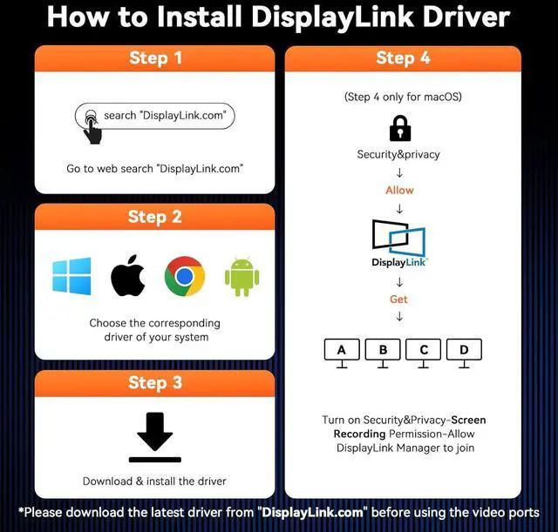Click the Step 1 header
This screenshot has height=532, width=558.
tap(155, 58)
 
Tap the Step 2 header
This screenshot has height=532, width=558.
tap(155, 217)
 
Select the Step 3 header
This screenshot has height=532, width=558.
tap(155, 383)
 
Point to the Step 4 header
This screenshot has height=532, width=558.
tap(403, 57)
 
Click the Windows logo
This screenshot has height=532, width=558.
tap(71, 276)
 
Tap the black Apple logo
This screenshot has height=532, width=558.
tap(128, 275)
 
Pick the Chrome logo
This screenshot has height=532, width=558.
tap(185, 276)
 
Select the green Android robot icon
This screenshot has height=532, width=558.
tap(242, 276)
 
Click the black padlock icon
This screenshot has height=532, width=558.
tap(400, 128)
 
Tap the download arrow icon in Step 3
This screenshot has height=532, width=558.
tap(155, 437)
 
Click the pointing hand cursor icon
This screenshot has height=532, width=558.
tap(92, 126)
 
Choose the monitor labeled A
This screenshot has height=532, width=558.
tap(342, 354)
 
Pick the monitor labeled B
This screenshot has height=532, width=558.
tap(383, 354)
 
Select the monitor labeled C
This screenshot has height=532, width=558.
tap(423, 354)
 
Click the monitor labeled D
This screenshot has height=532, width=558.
tap(464, 354)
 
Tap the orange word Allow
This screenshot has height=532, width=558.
tap(399, 190)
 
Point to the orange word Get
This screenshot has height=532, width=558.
tap(398, 300)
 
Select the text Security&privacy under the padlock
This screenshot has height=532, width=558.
tap(398, 155)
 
